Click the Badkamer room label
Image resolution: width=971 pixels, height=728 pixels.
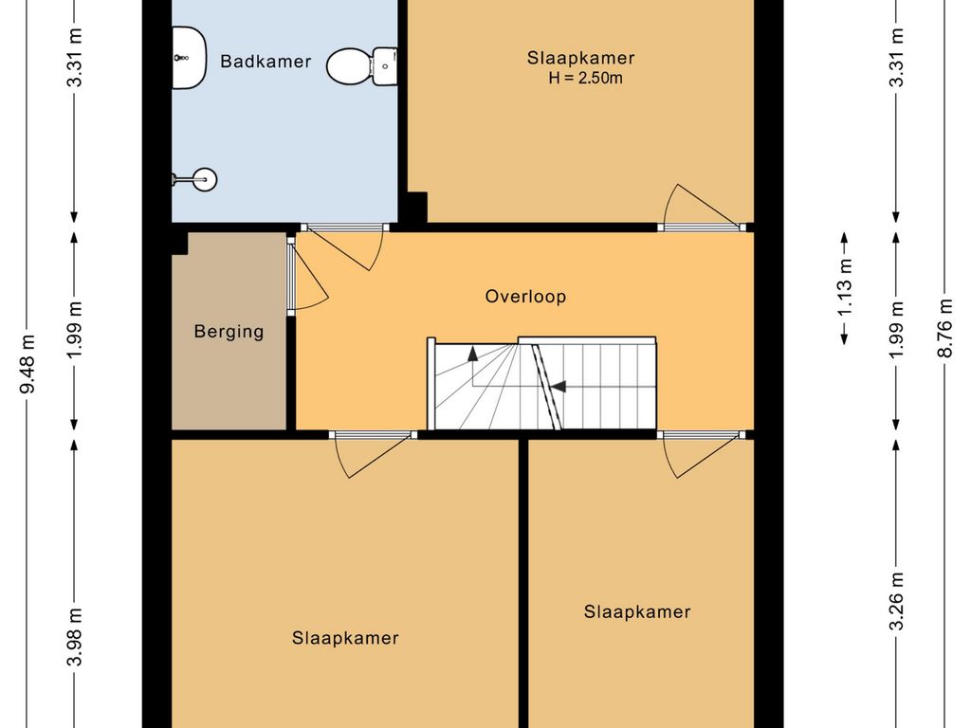[266, 62]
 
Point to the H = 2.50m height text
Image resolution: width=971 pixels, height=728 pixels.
[585, 79]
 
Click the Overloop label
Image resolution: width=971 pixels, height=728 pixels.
[525, 297]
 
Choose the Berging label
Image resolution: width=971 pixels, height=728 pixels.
[229, 332]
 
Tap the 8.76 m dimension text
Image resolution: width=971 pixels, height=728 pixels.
[944, 327]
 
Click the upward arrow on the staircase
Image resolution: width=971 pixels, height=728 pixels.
[471, 366]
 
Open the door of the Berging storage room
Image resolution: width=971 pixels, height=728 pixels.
[305, 275]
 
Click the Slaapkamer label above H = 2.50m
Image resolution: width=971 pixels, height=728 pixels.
[580, 58]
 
